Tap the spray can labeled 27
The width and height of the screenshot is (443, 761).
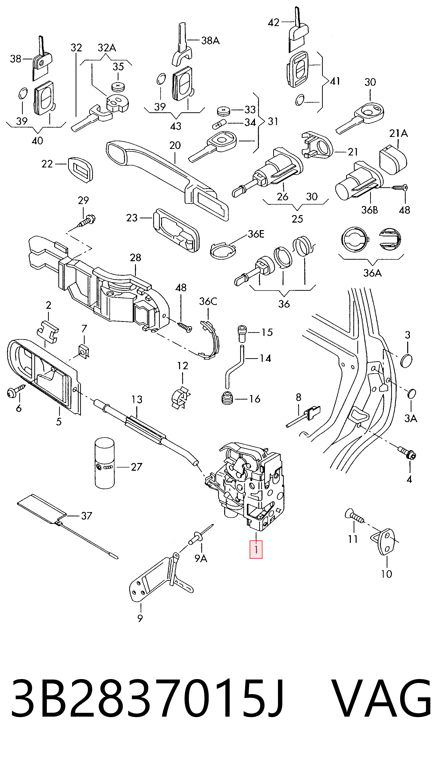pyautogui.click(x=104, y=463)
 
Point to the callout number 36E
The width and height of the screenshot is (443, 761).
pyautogui.click(x=256, y=234)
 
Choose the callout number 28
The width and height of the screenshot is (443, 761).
pyautogui.click(x=135, y=258)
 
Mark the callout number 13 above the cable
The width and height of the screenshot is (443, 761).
pyautogui.click(x=137, y=400)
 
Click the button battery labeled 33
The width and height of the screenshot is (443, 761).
pyautogui.click(x=224, y=111)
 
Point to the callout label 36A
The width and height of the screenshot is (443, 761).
pyautogui.click(x=372, y=273)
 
